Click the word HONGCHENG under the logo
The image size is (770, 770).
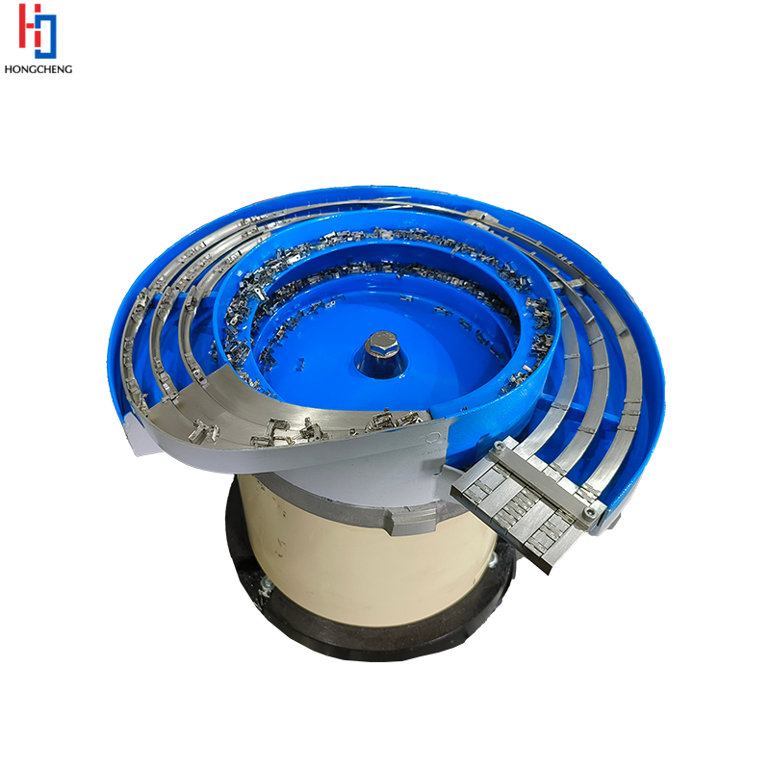[38, 69]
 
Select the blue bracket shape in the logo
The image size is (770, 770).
[47, 35]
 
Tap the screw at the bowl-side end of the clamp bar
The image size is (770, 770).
[500, 446]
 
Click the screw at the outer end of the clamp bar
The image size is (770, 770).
[589, 514]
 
